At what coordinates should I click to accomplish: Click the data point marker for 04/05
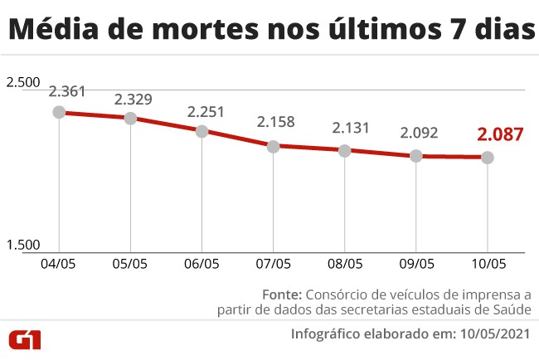59,112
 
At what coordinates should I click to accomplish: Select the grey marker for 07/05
274,146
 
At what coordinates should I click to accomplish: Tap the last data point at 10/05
488,157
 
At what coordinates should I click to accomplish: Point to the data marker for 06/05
202,131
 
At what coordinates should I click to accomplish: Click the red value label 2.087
500,134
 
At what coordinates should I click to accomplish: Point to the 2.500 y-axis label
23,82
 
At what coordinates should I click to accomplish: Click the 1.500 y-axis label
23,245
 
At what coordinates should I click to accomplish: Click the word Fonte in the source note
283,294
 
